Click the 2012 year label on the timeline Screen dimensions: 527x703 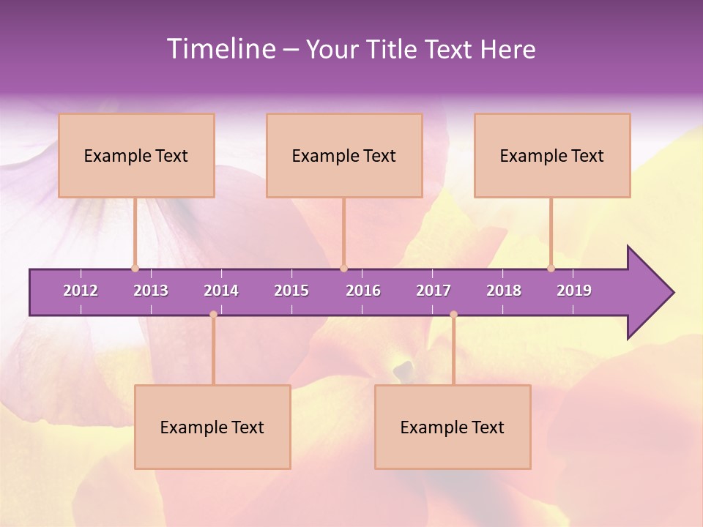point(81,291)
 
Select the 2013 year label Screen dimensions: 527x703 point(151,291)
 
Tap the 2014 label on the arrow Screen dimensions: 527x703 point(221,291)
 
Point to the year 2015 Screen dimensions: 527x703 point(291,291)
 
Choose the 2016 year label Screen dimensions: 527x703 point(363,291)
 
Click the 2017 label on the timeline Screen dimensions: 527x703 point(434,291)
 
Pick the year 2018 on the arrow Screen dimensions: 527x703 point(504,291)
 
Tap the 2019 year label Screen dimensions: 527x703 point(574,291)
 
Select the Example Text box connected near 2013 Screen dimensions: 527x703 point(136,155)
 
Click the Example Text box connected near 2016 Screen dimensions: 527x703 point(344,155)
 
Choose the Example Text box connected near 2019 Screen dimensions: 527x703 point(552,155)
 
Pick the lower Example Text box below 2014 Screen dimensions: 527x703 point(212,427)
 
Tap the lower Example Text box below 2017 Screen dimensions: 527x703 point(453,427)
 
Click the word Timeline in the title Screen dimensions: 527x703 point(220,49)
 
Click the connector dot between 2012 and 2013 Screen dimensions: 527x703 point(135,268)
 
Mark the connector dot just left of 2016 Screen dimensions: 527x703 point(343,268)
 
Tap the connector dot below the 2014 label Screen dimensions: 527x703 point(213,315)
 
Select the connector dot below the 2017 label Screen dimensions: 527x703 point(453,315)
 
